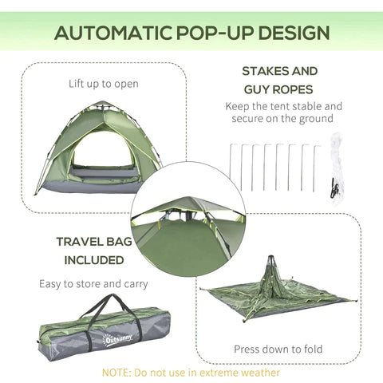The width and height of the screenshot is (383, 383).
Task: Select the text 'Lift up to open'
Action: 104,83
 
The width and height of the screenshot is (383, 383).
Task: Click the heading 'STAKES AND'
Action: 279,71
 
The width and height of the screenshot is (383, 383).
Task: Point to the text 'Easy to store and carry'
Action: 93,283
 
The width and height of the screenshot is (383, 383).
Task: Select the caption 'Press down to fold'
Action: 278,349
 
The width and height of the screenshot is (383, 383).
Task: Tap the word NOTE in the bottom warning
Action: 116,371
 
